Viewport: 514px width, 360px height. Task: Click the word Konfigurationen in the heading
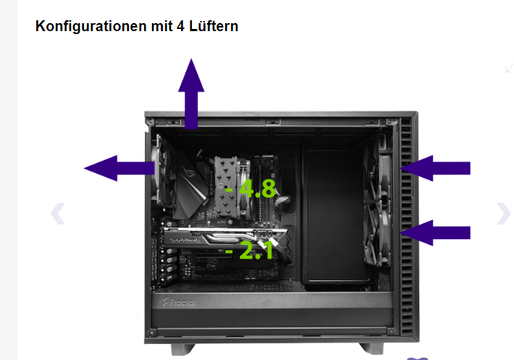(91, 26)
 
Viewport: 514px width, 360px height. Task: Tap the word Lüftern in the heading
(214, 26)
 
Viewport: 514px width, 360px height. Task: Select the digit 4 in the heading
(180, 26)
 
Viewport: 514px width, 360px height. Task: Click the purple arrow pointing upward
(191, 94)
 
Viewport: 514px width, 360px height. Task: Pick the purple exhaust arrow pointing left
(119, 168)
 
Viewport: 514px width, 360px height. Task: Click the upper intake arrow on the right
(435, 168)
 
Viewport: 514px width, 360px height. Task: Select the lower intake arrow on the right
(435, 233)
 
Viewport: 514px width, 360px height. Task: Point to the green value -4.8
(250, 188)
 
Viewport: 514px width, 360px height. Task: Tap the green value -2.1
(250, 251)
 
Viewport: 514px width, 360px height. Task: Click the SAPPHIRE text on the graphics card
(185, 240)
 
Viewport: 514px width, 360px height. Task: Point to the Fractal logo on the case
(180, 302)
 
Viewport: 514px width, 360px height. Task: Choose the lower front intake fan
(378, 235)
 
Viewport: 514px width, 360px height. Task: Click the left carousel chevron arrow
(58, 214)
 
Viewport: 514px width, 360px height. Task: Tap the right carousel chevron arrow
(504, 214)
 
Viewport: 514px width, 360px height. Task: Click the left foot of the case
(182, 349)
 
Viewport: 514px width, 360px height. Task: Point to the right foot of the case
(371, 348)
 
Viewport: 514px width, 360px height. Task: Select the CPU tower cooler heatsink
(227, 186)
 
